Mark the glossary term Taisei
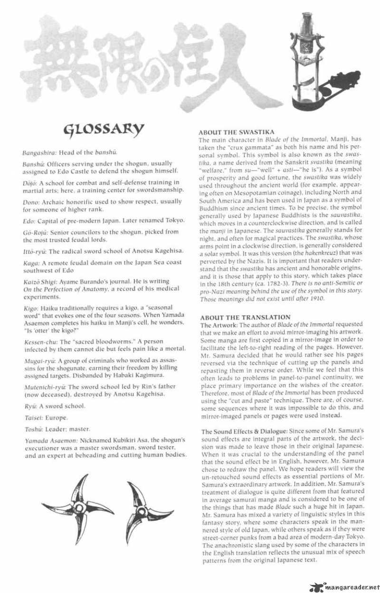click(32, 418)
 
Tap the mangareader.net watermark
click(344, 586)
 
